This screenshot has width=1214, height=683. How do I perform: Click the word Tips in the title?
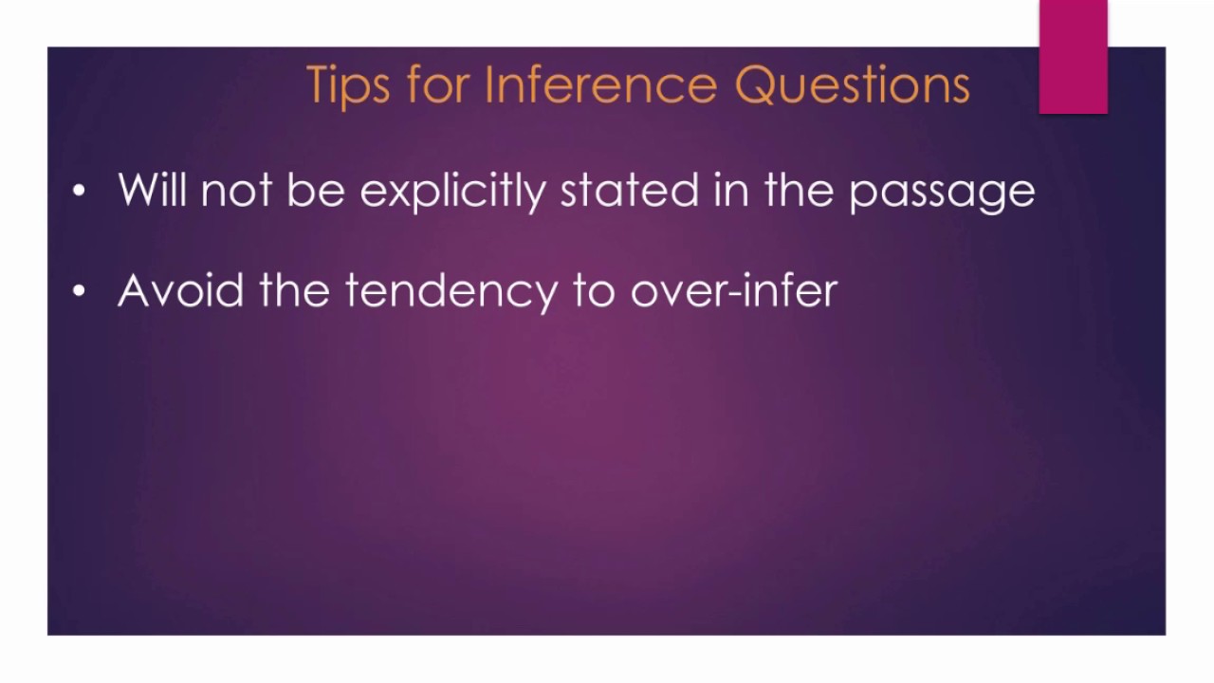(x=348, y=85)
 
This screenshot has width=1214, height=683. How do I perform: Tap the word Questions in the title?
(x=852, y=85)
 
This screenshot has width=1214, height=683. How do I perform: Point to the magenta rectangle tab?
(x=1073, y=57)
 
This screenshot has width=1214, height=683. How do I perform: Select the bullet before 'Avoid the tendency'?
(x=79, y=292)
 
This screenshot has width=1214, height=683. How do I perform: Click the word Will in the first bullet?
(x=153, y=191)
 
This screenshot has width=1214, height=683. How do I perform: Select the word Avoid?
(x=181, y=290)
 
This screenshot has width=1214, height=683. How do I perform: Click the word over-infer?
(x=733, y=290)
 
